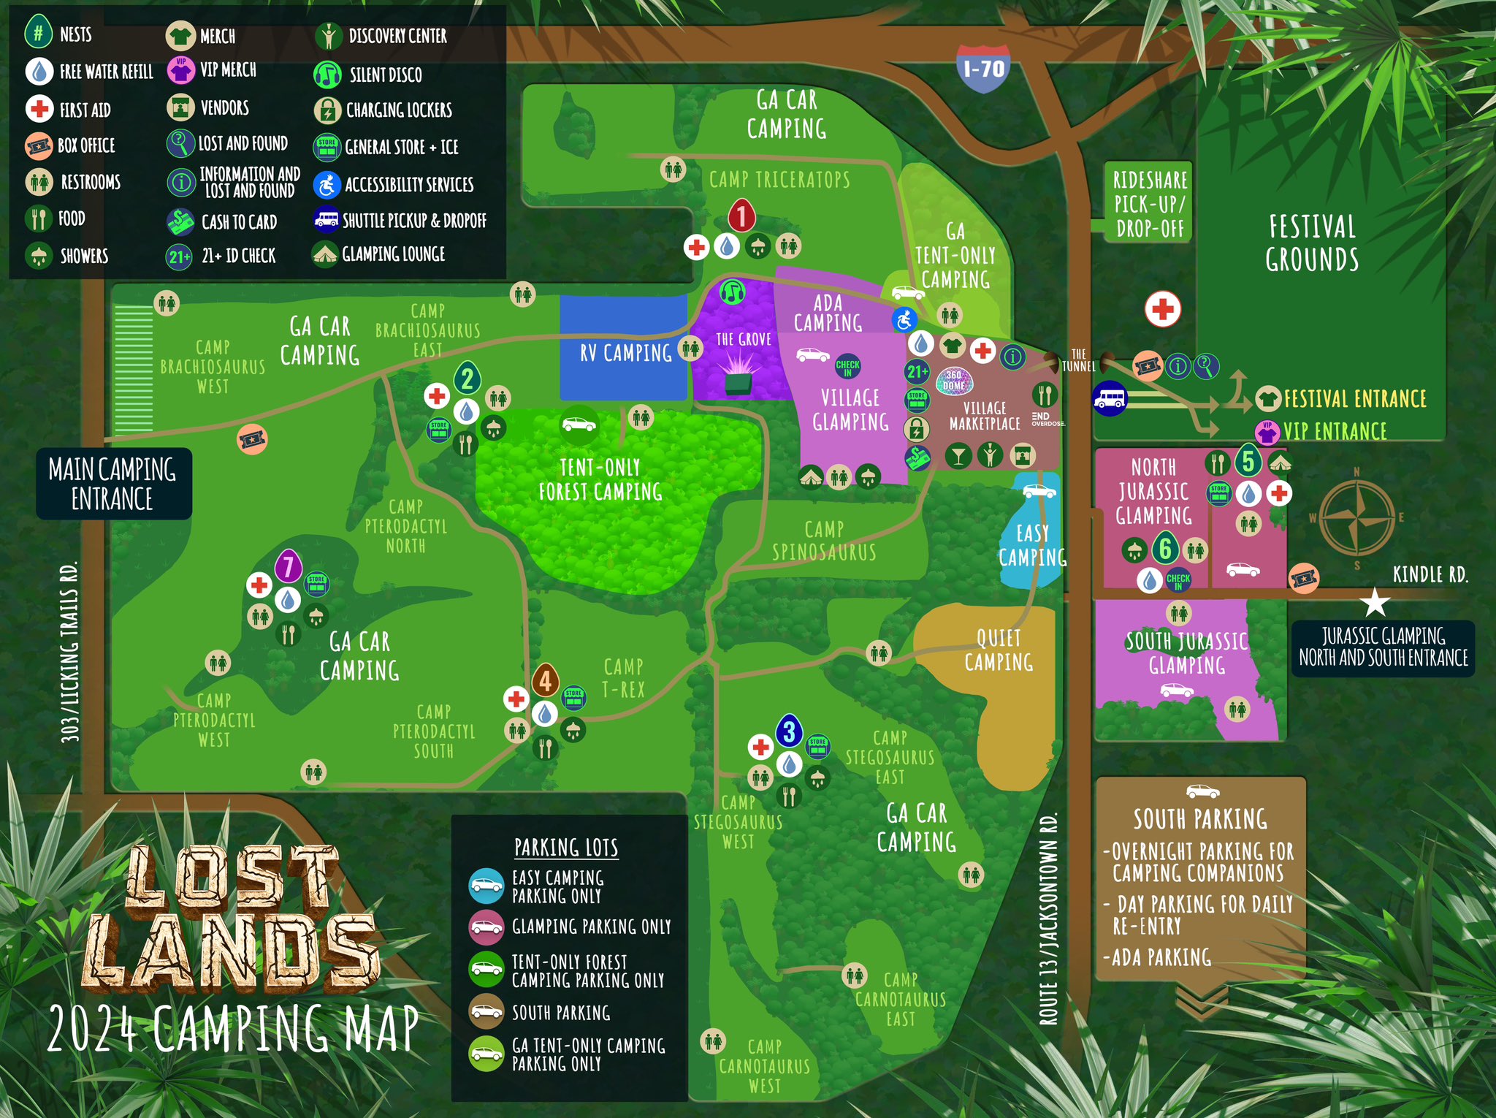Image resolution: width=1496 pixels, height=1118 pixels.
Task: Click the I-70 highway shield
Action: click(983, 69)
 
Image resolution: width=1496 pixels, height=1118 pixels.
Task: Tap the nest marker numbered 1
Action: click(741, 216)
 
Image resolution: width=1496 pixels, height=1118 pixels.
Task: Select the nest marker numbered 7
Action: click(289, 566)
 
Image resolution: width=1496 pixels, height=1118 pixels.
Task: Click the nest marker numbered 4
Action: click(545, 681)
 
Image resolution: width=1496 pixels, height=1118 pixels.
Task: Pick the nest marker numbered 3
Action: click(789, 731)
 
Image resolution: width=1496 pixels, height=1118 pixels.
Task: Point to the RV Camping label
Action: click(625, 353)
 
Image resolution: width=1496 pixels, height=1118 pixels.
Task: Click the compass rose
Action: click(1356, 517)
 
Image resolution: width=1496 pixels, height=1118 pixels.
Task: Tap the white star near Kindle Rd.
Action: click(1375, 603)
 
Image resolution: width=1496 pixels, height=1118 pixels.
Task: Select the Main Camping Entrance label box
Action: click(113, 484)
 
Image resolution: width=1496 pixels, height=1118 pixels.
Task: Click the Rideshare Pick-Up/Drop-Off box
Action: click(1149, 203)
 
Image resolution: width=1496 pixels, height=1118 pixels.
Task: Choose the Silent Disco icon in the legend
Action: click(327, 74)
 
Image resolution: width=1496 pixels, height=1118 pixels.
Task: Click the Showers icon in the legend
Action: click(39, 256)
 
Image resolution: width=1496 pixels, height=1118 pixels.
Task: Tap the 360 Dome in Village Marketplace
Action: click(953, 380)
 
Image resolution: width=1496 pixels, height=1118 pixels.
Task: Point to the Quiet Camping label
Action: click(998, 650)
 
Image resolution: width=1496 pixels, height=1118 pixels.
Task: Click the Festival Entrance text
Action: click(1354, 399)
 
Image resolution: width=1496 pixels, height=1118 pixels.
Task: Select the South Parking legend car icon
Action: click(486, 1011)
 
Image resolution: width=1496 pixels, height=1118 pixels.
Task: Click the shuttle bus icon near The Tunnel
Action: click(1109, 399)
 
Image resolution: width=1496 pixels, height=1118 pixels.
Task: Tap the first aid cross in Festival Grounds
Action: click(1162, 308)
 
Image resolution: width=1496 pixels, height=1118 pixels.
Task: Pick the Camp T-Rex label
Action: click(623, 677)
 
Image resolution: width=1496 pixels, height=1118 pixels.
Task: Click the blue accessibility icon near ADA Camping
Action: click(904, 319)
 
